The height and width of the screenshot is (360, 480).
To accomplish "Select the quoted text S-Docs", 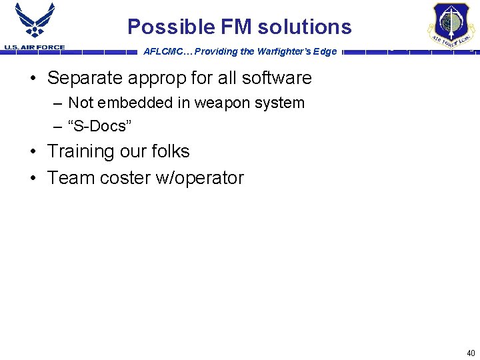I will pos(97,126).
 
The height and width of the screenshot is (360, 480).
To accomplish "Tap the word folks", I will pos(170,151).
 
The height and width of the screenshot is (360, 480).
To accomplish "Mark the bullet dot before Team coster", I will pos(33,178).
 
